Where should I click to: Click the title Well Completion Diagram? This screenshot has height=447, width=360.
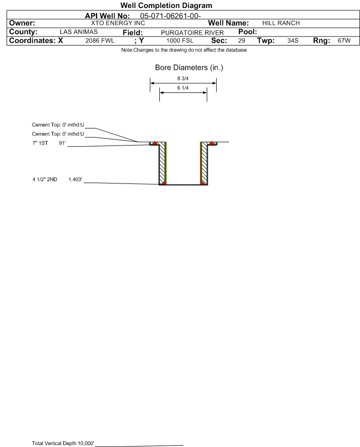pos(166,5)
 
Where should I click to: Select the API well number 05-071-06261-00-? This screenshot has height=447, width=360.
pos(170,16)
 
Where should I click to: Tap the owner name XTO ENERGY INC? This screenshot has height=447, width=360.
pos(118,23)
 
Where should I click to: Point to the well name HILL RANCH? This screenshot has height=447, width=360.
pos(281,23)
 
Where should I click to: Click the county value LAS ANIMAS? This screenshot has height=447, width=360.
pos(79,32)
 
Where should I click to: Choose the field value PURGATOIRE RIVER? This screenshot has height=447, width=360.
pos(192,33)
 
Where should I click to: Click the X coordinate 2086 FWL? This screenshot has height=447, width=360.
pos(100,40)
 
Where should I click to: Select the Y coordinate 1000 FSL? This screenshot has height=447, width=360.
pos(180,40)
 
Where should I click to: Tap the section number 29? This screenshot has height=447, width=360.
pos(241,40)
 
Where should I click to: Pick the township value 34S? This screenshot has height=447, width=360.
pos(293,40)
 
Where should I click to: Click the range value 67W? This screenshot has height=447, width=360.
pos(344,40)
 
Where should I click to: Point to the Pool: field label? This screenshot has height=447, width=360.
pos(248,32)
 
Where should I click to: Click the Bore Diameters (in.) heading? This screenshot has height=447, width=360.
pos(189,68)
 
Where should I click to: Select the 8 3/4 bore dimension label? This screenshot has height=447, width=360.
pos(183,78)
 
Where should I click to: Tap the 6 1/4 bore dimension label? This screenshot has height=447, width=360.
pos(183,88)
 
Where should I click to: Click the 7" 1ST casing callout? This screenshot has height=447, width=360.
pos(40,143)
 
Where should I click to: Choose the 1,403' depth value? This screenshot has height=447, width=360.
pos(75,179)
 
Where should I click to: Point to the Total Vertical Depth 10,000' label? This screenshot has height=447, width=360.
pos(63,443)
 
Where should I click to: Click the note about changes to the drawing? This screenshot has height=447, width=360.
pos(184,50)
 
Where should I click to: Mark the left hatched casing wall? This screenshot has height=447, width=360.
pos(162,163)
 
